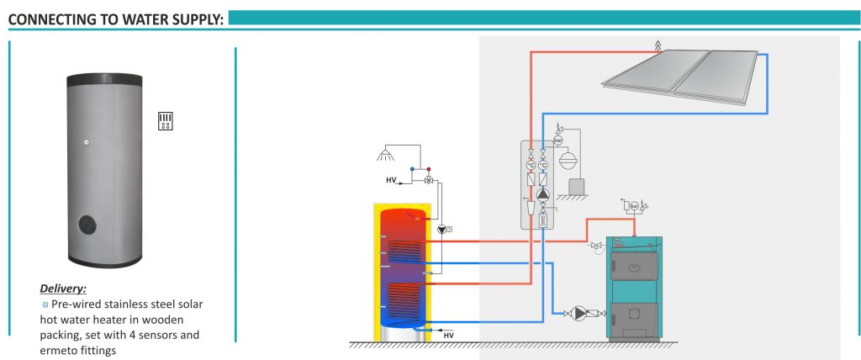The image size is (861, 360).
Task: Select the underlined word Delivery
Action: [63, 289]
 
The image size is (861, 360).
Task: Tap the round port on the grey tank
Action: [87, 225]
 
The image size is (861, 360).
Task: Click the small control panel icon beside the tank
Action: [166, 121]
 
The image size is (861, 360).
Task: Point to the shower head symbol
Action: [385, 155]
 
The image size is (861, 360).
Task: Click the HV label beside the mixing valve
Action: [391, 180]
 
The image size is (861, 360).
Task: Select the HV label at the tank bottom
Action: [449, 336]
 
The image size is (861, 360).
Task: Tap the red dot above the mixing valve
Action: [429, 169]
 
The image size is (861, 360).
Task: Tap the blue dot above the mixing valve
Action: [412, 169]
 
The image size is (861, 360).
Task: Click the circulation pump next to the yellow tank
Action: [442, 230]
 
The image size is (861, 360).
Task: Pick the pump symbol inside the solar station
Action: [542, 194]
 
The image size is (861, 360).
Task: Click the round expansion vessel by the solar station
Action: [566, 159]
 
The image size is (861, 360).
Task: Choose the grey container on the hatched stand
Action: [577, 187]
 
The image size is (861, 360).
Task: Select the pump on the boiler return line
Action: [578, 313]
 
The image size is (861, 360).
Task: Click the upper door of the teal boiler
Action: [634, 266]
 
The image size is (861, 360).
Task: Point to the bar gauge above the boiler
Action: [634, 206]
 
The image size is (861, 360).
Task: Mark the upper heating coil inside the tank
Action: [404, 252]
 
